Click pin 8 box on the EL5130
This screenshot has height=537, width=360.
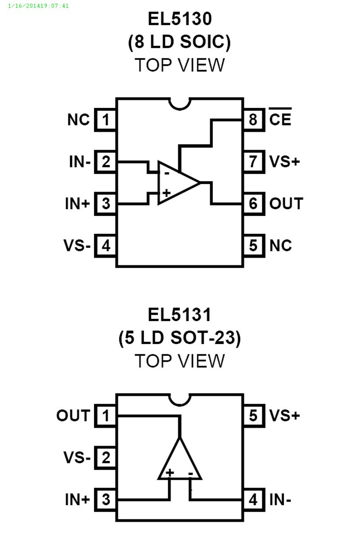click(253, 120)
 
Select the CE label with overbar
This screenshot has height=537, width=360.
click(280, 119)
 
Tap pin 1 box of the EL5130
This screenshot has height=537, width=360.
click(106, 120)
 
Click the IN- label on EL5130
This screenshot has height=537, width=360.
click(80, 161)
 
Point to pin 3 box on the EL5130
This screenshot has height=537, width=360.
click(106, 204)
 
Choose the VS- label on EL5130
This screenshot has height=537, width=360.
click(77, 246)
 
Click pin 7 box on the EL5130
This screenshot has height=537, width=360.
click(253, 161)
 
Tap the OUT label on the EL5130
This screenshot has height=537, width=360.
click(286, 204)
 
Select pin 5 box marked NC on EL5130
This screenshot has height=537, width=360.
click(253, 246)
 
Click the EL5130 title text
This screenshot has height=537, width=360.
click(180, 19)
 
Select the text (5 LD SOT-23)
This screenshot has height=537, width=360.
click(180, 338)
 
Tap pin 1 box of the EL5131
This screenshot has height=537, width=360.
click(106, 416)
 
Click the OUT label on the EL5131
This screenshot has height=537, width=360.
click(73, 416)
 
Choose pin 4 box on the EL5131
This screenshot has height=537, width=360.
click(253, 500)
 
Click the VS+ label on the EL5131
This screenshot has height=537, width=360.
click(284, 416)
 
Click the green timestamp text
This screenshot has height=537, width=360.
click(38, 6)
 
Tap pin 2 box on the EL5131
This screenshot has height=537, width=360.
click(106, 458)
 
